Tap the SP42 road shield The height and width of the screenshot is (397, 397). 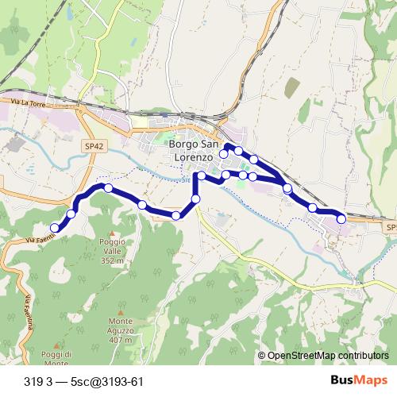(94, 146)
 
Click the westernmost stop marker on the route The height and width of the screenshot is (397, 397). (55, 229)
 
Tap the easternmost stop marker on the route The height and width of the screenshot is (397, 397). (341, 218)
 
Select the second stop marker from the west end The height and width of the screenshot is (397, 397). (71, 213)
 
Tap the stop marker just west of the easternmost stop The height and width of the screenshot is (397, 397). (313, 208)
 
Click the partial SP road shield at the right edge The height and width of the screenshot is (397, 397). (390, 228)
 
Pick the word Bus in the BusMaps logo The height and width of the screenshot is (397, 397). (342, 380)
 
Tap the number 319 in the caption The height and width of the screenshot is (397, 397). (33, 380)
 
